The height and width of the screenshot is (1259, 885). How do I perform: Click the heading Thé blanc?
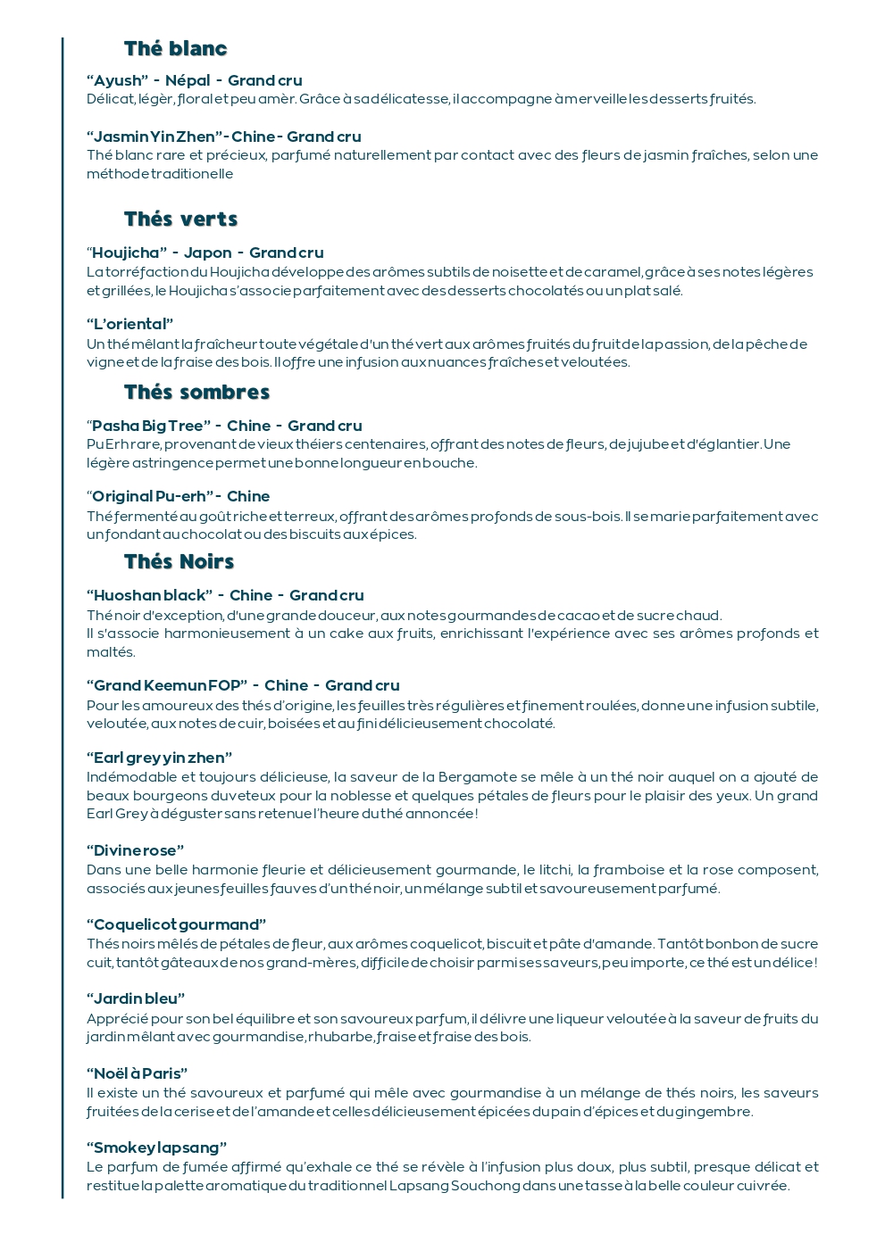click(175, 49)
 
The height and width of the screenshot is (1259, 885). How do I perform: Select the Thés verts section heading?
click(180, 219)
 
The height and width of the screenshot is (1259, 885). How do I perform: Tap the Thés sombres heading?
click(196, 393)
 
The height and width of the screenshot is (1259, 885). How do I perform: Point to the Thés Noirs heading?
click(179, 562)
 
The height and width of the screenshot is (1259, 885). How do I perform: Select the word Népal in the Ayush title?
click(188, 81)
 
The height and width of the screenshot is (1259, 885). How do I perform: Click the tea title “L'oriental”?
click(130, 325)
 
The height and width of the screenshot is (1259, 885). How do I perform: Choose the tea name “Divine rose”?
click(136, 851)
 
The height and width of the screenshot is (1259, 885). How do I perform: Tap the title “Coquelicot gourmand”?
click(177, 925)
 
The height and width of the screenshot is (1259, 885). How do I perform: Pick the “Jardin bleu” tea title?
click(136, 999)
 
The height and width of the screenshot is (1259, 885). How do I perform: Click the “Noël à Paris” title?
click(138, 1074)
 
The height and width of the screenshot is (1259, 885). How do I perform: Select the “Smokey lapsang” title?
click(157, 1148)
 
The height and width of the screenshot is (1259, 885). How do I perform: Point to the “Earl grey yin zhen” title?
click(160, 758)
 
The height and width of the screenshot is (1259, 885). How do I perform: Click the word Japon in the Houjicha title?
click(207, 253)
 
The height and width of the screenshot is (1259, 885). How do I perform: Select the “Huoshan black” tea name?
click(149, 596)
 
